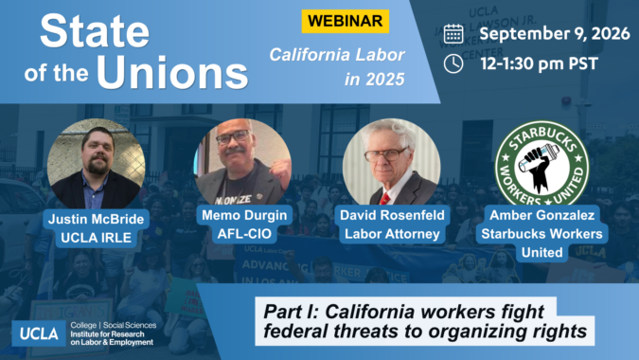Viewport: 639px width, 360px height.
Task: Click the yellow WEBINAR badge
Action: (346, 21)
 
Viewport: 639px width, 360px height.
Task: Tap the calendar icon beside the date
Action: (453, 33)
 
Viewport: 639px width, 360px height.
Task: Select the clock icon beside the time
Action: (453, 64)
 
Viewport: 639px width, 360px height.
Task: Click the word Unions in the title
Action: (172, 72)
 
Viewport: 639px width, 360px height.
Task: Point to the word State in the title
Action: (95, 30)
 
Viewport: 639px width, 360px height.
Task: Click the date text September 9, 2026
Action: (555, 33)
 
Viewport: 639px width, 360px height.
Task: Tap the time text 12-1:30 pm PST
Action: (540, 63)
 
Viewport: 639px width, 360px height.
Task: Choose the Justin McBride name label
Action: (97, 219)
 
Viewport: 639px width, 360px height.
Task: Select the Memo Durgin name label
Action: (244, 215)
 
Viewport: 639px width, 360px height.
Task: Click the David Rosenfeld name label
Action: (392, 215)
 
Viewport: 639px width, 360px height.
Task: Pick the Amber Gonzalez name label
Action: (542, 215)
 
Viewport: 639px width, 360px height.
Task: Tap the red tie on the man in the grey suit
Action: (384, 199)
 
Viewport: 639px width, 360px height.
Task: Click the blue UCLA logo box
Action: (39, 333)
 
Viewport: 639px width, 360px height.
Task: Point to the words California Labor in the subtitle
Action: (337, 55)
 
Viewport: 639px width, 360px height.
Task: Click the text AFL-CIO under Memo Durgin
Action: (244, 234)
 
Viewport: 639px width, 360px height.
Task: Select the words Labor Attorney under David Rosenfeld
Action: (392, 234)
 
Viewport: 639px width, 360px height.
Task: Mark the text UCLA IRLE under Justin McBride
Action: (97, 237)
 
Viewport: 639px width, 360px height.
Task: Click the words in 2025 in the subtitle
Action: (375, 79)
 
